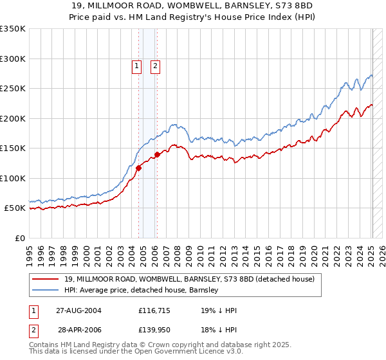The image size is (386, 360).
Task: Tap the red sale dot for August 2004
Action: point(138,168)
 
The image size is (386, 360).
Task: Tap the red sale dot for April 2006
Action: point(157,154)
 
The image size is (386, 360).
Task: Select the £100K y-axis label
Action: point(13,178)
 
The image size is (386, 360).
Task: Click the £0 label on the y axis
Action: point(19,238)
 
